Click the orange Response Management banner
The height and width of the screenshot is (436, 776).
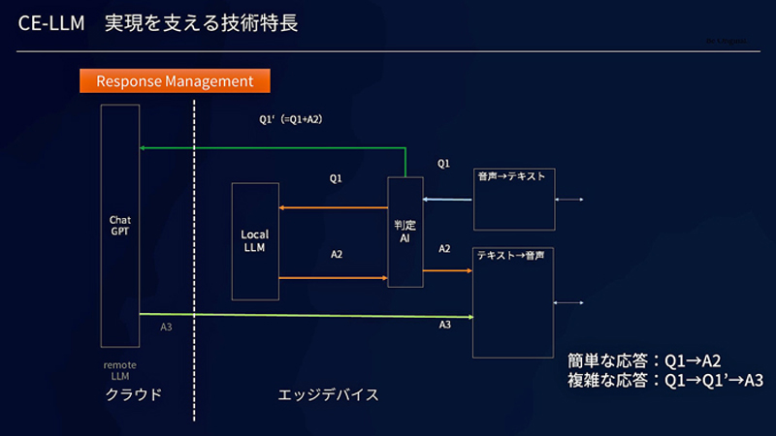174,80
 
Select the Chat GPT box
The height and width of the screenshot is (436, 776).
120,225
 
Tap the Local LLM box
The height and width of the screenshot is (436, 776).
255,240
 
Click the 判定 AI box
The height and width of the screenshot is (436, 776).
405,232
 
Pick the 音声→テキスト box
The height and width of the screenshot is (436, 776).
513,199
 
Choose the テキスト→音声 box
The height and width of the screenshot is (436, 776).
513,302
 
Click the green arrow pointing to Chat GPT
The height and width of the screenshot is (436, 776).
272,148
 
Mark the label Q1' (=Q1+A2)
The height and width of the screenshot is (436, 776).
290,119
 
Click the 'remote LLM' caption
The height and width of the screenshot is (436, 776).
119,370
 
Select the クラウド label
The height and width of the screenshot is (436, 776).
134,395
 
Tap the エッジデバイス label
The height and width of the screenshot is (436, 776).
328,395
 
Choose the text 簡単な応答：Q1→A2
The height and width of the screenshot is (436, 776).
644,359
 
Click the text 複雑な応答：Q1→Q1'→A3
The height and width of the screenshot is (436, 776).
664,381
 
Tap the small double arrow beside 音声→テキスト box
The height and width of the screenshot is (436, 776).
568,200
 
